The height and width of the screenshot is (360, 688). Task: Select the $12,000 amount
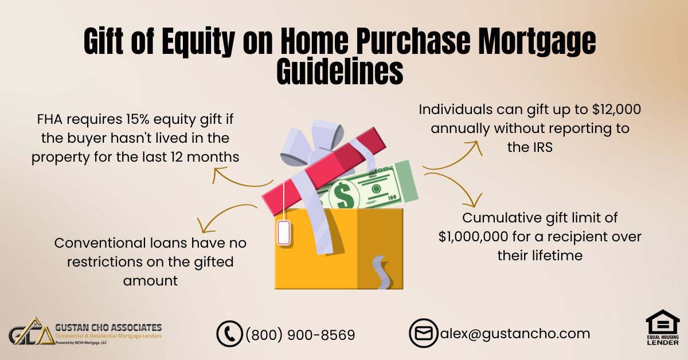pyautogui.click(x=616, y=109)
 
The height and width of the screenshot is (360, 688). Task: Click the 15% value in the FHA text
pyautogui.click(x=137, y=119)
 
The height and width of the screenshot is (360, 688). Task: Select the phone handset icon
pyautogui.click(x=229, y=334)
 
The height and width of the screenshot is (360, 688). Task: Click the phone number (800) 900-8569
pyautogui.click(x=300, y=335)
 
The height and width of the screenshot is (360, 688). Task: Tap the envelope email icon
pyautogui.click(x=424, y=333)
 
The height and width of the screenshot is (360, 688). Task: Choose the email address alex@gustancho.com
pyautogui.click(x=515, y=334)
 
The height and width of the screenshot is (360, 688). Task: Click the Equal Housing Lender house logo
pyautogui.click(x=663, y=327)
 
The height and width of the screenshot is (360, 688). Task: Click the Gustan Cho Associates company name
pyautogui.click(x=108, y=327)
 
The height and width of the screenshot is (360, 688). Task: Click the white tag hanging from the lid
pyautogui.click(x=284, y=233)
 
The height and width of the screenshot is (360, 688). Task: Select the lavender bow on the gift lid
pyautogui.click(x=312, y=143)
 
